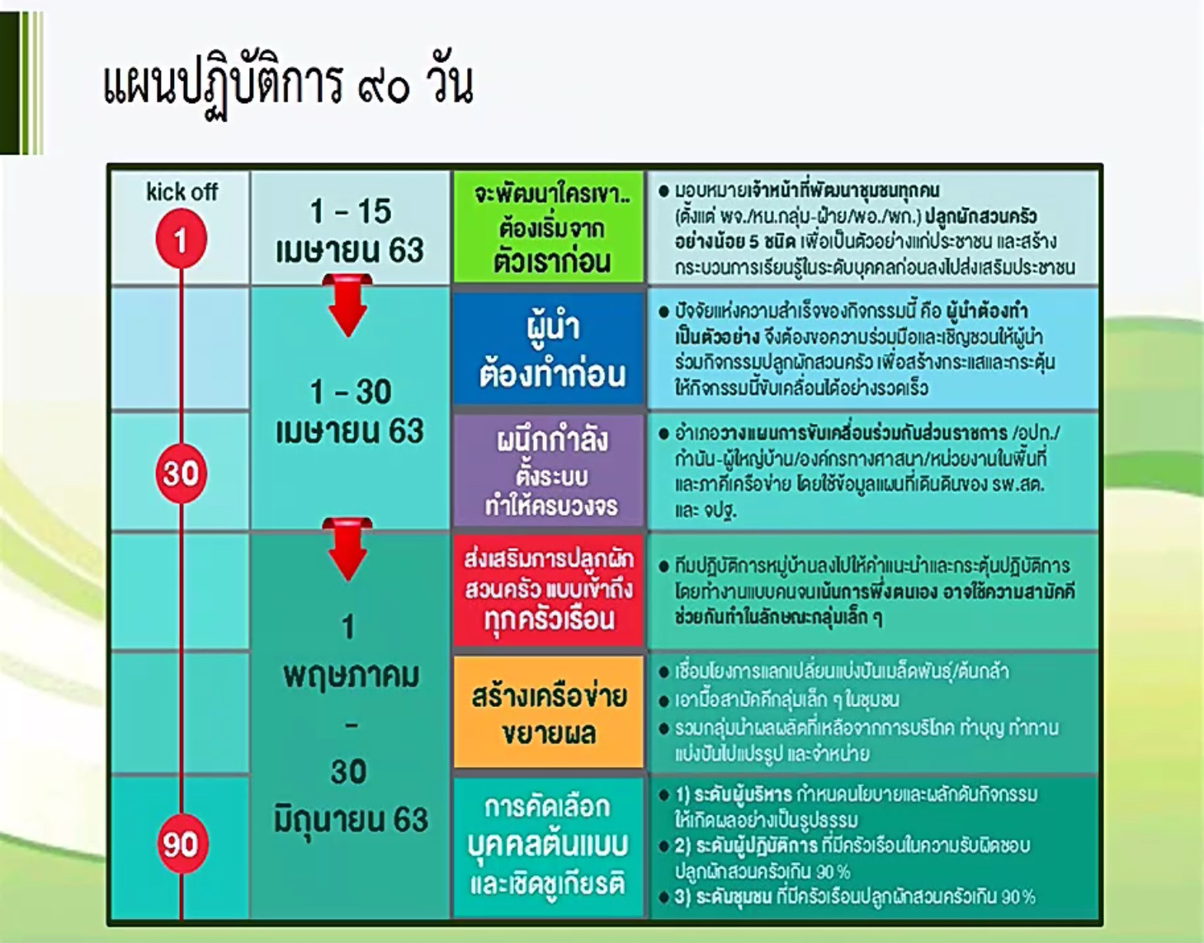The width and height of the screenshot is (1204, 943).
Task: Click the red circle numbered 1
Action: (x=180, y=240)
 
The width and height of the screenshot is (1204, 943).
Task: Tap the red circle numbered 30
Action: (x=180, y=473)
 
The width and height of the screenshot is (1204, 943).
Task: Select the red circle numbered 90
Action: (x=180, y=843)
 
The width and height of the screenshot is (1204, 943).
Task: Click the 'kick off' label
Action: (x=182, y=192)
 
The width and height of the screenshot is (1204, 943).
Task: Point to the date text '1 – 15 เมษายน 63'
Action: (x=350, y=230)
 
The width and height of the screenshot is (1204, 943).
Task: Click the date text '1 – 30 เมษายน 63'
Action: (x=350, y=411)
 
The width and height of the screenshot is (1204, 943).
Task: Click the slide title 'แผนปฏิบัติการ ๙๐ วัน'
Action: (x=288, y=86)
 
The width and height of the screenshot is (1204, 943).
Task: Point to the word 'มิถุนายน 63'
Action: (x=351, y=819)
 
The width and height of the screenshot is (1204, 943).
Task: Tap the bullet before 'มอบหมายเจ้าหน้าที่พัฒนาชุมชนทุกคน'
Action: (x=663, y=191)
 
